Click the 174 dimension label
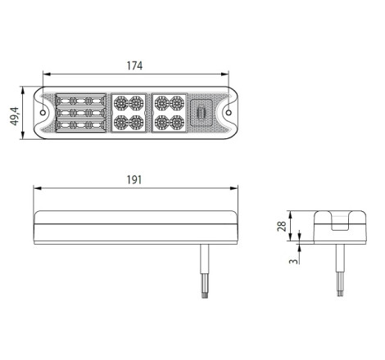pos(134,65)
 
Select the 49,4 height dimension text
pos(15,116)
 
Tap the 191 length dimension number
pos(134,180)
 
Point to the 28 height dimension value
pos(282,226)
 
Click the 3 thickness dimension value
pos(293,261)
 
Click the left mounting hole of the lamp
pos(43,112)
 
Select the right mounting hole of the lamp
pos(229,112)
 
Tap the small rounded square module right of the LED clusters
pos(202,113)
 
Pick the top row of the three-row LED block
pos(81,101)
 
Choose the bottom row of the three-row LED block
pos(81,125)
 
